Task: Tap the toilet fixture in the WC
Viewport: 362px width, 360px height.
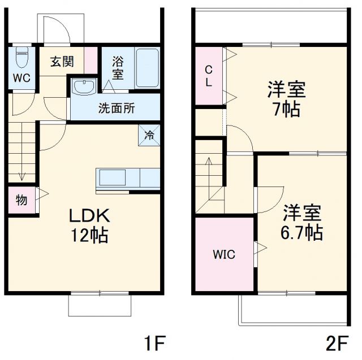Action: tap(21, 57)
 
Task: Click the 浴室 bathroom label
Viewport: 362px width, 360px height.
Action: tap(118, 67)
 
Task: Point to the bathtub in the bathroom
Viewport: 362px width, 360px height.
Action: tap(146, 67)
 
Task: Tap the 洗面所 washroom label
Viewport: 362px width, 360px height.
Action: tap(117, 107)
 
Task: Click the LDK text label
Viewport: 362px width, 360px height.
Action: tap(89, 215)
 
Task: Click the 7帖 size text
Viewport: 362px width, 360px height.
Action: tap(285, 108)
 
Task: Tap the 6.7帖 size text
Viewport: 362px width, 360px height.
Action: tap(303, 232)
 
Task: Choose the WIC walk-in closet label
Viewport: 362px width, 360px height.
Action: tap(225, 254)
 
